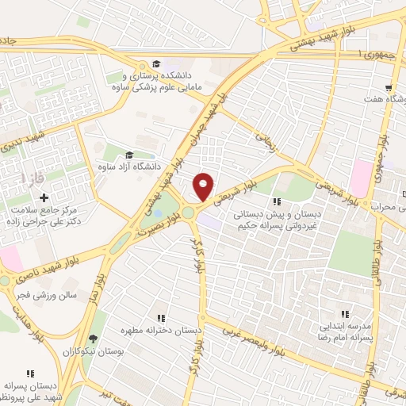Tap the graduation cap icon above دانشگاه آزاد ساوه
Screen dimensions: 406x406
pyautogui.click(x=128, y=155)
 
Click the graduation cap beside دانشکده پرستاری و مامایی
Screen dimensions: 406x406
pyautogui.click(x=158, y=63)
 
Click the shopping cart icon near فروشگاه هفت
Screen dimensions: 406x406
pyautogui.click(x=388, y=88)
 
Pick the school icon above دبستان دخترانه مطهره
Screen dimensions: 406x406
pyautogui.click(x=161, y=317)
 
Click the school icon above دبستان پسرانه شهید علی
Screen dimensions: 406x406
pyautogui.click(x=30, y=373)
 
